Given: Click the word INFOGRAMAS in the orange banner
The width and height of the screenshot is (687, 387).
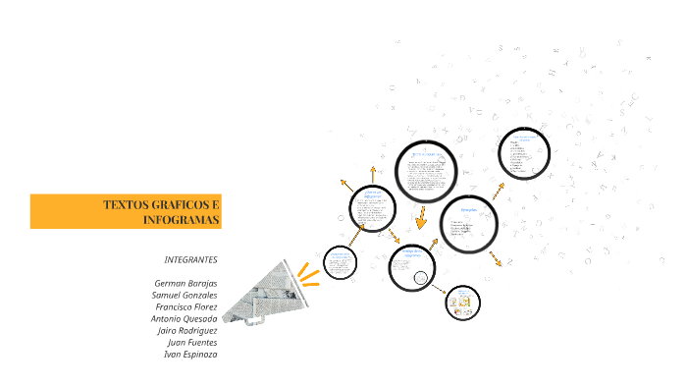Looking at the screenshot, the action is point(181,219).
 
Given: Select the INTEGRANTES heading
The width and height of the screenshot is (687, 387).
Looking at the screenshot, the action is point(190,259).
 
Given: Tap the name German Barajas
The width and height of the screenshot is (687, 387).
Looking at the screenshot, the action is point(185,283).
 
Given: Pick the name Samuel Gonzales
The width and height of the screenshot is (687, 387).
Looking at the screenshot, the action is point(185,295).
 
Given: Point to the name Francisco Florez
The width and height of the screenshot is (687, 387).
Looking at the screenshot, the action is point(185,306).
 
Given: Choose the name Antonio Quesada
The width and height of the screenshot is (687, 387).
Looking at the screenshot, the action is point(184,318).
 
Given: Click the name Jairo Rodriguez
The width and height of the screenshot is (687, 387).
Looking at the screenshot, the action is point(186,330).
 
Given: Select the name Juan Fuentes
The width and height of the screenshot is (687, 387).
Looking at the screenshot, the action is point(192,342).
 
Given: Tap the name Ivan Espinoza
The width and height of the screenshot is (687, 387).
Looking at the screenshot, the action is point(190,354).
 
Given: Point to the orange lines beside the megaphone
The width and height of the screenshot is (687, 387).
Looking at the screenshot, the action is point(309,271).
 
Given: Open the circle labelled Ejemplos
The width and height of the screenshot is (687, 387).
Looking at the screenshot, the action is point(469,223).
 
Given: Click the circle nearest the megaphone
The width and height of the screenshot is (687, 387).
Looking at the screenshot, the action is point(340,261).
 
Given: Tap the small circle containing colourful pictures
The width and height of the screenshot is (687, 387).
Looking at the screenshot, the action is point(463,304).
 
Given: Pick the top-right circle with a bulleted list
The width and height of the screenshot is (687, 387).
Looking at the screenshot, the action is point(524,153).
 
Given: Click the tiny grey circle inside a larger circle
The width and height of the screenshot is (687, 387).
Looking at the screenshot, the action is point(420,278).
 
